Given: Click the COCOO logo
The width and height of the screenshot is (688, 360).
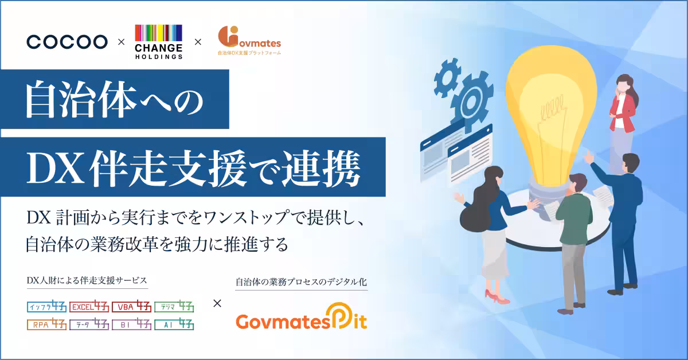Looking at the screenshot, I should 67,42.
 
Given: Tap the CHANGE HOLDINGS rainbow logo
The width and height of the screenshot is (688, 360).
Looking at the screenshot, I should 158,42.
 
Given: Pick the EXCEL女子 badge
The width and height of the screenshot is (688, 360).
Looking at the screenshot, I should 89,306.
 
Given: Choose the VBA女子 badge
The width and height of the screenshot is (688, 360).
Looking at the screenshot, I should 131,306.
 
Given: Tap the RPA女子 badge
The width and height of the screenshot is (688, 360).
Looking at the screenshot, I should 46,324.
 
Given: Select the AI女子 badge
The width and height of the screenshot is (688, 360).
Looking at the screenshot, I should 174,324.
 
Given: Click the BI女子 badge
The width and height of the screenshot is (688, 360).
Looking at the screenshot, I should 131,324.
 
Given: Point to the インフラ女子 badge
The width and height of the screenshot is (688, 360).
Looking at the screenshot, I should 46,306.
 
